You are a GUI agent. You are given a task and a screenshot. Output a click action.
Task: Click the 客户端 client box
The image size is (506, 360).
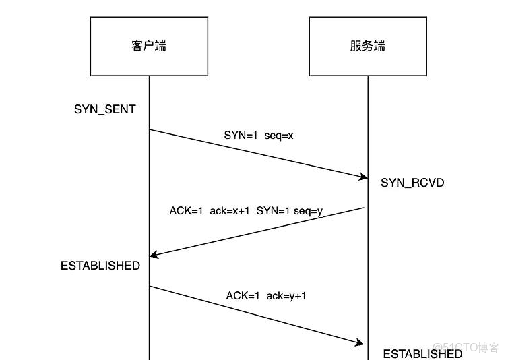tap(148, 47)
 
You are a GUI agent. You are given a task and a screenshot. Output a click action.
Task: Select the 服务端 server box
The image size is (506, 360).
tap(367, 47)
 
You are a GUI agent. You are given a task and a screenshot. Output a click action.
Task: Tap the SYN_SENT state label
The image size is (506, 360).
tap(105, 109)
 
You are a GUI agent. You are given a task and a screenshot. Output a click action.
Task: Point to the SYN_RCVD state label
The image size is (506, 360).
tap(412, 183)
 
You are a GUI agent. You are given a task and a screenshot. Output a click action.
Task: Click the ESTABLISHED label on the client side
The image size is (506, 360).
tap(100, 266)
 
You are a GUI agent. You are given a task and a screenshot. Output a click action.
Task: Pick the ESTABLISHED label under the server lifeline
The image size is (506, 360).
tap(422, 353)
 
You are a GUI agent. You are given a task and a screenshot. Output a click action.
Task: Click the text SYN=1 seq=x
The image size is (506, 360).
tap(259, 136)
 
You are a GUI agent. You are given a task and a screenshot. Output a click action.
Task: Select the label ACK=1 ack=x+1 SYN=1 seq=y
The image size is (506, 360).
tap(246, 211)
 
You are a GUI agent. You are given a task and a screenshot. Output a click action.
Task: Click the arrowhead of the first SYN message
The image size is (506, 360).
tap(362, 177)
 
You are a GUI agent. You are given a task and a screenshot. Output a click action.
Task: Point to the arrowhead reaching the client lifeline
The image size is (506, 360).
tap(153, 255)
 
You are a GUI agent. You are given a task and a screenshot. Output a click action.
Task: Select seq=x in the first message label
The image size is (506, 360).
tap(278, 136)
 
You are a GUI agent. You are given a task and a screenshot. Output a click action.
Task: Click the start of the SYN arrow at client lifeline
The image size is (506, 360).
tap(149, 129)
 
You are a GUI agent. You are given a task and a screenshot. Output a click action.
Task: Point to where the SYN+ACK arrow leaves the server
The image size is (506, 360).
tap(365, 208)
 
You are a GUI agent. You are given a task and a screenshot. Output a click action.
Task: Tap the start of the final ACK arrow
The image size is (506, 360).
tap(149, 286)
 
